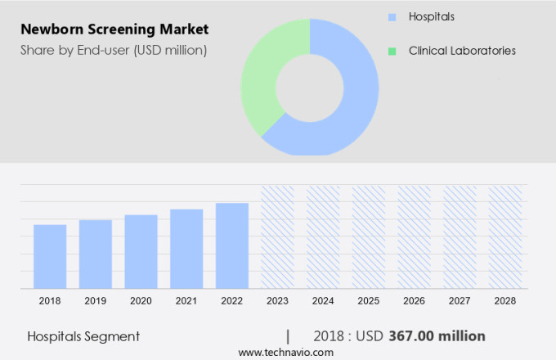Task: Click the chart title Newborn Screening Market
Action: pyautogui.click(x=114, y=29)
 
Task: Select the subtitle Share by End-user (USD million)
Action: pyautogui.click(x=114, y=51)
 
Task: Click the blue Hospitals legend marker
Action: pyautogui.click(x=392, y=16)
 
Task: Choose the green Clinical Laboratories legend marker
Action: pyautogui.click(x=392, y=51)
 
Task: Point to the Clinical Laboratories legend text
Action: pyautogui.click(x=462, y=51)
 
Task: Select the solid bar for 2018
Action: pyautogui.click(x=50, y=256)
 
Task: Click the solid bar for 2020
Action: pyautogui.click(x=141, y=251)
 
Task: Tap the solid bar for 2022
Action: pyautogui.click(x=232, y=245)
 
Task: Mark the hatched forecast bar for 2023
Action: pyautogui.click(x=277, y=236)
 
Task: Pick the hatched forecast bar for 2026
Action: pyautogui.click(x=414, y=236)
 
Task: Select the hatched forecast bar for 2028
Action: pyautogui.click(x=505, y=236)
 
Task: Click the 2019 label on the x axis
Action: pyautogui.click(x=96, y=301)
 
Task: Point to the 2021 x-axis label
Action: pyautogui.click(x=186, y=301)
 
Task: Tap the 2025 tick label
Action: pyautogui.click(x=369, y=301)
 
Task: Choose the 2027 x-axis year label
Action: pyautogui.click(x=460, y=301)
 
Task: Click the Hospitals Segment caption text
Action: pyautogui.click(x=83, y=336)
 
